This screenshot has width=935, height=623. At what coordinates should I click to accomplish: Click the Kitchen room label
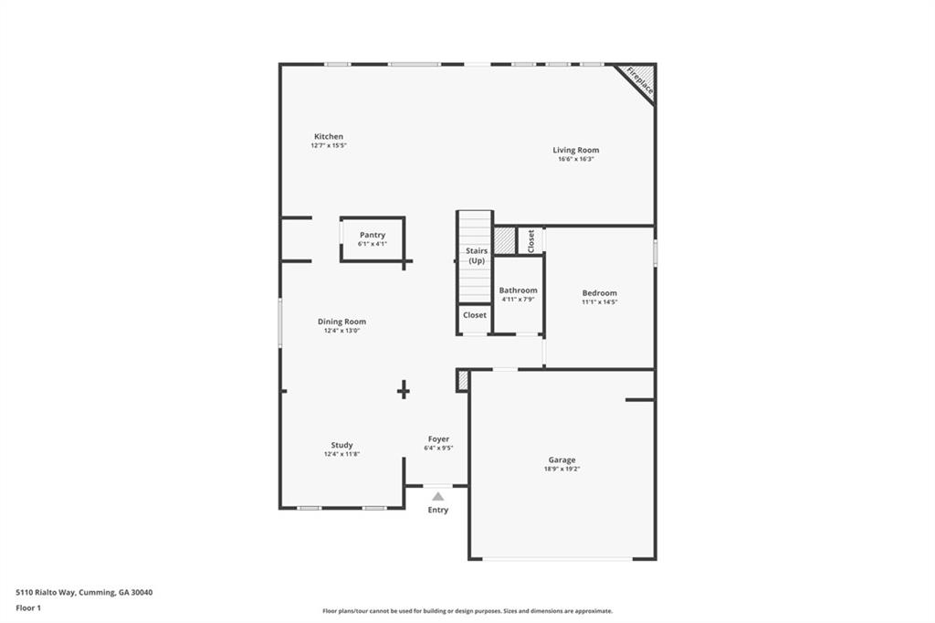[329, 137]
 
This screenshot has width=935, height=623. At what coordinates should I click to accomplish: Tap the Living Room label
[576, 150]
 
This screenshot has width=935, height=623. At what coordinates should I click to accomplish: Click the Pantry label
[372, 235]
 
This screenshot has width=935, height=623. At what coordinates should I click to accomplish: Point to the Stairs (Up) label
[477, 256]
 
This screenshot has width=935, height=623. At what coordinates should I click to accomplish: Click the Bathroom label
[518, 290]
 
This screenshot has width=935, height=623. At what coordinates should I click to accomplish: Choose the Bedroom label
[600, 293]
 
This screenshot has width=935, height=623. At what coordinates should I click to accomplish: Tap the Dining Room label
[341, 322]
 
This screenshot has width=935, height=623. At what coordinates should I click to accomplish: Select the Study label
[341, 445]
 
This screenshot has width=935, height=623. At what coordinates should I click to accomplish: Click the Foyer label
[438, 439]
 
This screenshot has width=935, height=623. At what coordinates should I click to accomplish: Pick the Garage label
[562, 460]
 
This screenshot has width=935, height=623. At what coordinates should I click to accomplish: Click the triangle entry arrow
[438, 496]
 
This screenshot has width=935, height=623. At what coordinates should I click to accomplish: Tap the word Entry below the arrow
[438, 510]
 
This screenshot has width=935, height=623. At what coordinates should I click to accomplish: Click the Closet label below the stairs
[475, 315]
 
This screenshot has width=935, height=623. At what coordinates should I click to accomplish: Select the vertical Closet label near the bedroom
[531, 240]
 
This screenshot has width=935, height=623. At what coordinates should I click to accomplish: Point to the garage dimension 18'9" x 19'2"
[562, 470]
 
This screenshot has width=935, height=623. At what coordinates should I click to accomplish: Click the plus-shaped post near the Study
[403, 390]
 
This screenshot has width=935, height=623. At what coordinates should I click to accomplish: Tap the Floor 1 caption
[28, 607]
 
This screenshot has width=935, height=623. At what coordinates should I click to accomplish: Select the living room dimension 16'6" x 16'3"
[576, 159]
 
